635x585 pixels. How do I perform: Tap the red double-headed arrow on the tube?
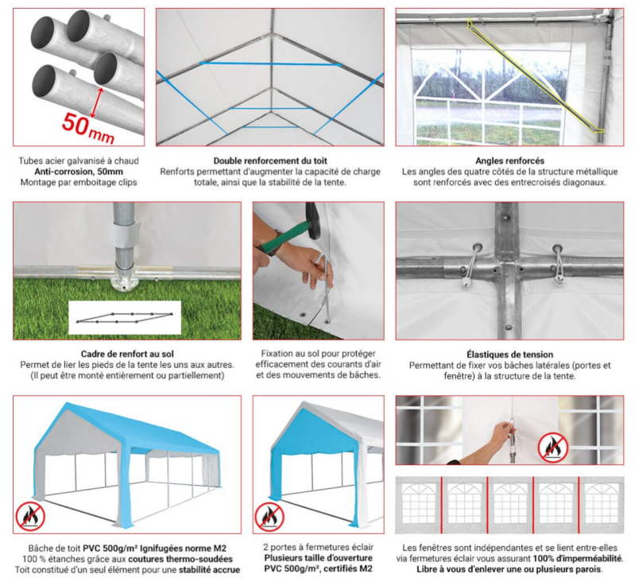[x=97, y=103]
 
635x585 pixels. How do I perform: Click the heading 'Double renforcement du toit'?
[x=270, y=161]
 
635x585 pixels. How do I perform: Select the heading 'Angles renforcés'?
[x=509, y=161]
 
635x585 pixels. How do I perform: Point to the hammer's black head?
[x=312, y=220]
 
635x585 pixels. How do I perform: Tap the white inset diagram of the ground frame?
[x=125, y=317]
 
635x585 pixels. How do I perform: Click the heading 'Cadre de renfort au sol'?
[x=127, y=354]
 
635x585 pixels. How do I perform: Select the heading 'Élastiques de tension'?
[x=509, y=354]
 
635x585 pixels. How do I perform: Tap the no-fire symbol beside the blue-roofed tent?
[x=30, y=517]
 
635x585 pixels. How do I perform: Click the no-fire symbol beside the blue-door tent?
[x=269, y=517]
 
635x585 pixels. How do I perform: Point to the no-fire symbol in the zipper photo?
[x=553, y=447]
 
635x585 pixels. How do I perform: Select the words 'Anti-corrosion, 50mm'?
[x=79, y=172]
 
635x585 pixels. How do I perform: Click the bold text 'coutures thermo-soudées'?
[x=180, y=559]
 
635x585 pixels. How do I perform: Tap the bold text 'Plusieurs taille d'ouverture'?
[x=319, y=558]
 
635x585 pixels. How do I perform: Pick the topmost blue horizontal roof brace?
[x=270, y=64]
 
